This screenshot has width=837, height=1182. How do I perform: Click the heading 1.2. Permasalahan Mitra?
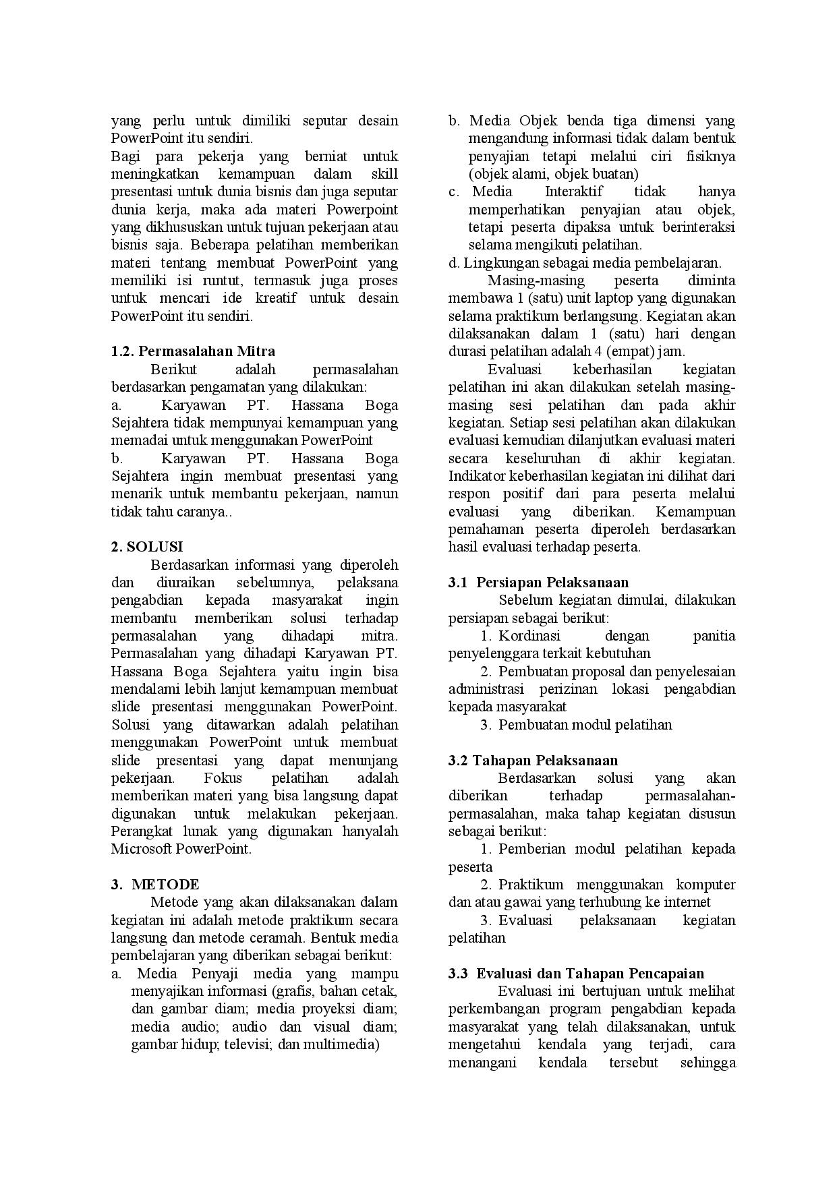point(193,351)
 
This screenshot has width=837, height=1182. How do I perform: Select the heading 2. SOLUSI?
point(146,547)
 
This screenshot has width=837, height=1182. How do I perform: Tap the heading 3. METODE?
point(155,885)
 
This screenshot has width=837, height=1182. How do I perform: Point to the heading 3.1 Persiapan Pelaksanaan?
point(538,583)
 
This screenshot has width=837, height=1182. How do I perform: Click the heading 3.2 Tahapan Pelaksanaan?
point(533,761)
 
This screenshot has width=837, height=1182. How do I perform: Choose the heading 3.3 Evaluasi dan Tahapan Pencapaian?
point(576,974)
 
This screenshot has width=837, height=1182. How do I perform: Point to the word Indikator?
point(478,476)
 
